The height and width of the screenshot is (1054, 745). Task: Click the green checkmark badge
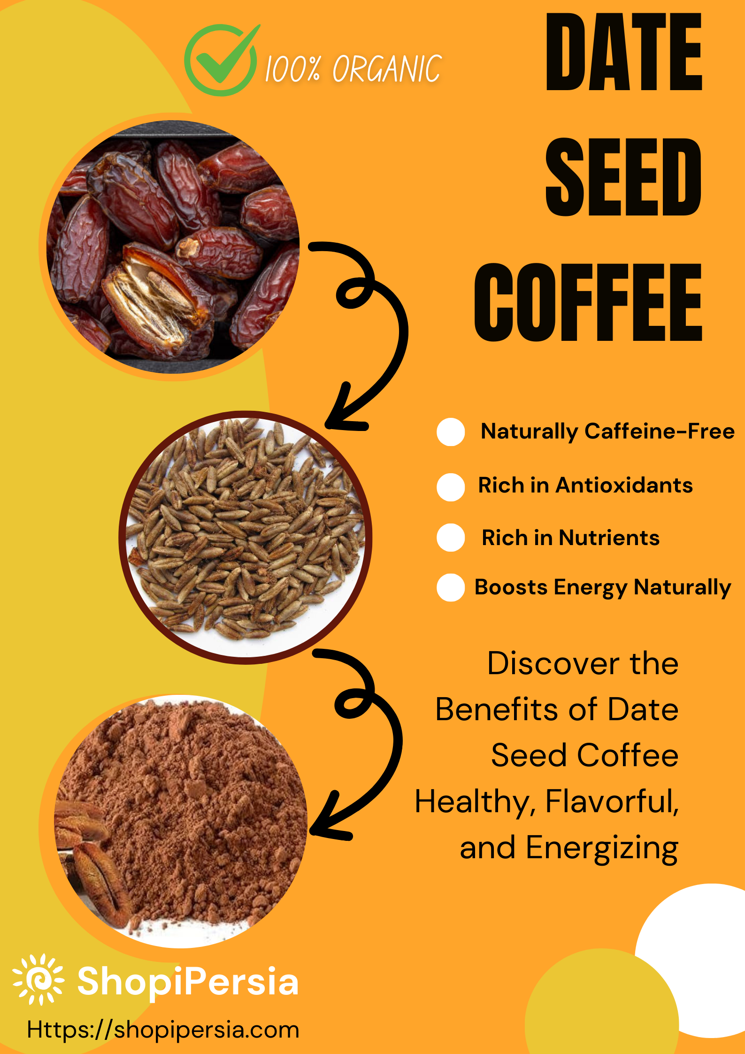point(221,60)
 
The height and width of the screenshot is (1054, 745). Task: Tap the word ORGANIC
point(387,69)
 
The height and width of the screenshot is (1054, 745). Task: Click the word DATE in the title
point(624,52)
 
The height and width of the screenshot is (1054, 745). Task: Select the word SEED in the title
point(623,177)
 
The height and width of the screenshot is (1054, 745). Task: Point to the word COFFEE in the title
point(588,302)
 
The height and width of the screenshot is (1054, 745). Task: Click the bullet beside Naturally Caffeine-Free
point(451,432)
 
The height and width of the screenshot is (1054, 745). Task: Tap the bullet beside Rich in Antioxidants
point(451,487)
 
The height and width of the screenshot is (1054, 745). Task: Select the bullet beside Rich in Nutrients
point(451,538)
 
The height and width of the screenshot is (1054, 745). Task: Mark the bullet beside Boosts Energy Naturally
point(451,587)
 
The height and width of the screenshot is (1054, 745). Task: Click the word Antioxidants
point(624,485)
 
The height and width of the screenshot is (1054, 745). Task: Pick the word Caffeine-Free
point(660,431)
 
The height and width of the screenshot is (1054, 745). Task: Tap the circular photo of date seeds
point(246,538)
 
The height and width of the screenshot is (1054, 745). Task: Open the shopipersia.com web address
point(163,1030)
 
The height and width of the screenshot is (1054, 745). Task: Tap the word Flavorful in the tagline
point(612,801)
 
